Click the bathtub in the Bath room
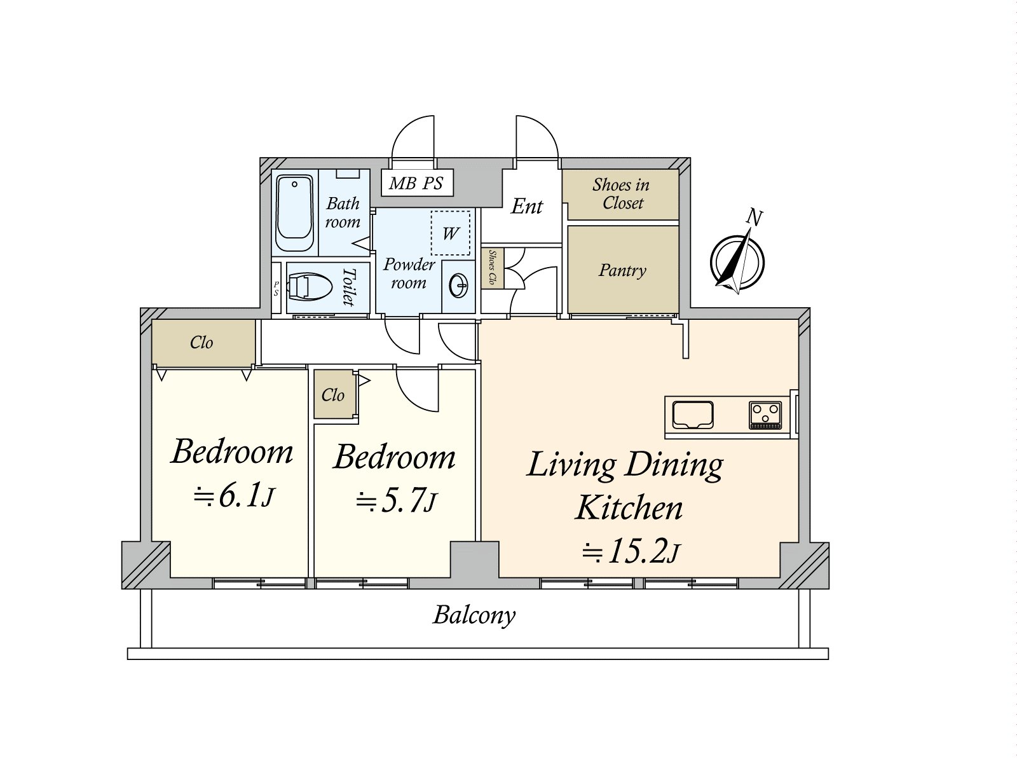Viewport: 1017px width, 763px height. [x=294, y=212]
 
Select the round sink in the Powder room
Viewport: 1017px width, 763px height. [x=459, y=286]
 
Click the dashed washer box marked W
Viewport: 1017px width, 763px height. [x=451, y=233]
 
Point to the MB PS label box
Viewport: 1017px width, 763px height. [x=416, y=183]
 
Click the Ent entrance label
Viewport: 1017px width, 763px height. [x=526, y=206]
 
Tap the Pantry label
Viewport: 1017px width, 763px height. [x=622, y=270]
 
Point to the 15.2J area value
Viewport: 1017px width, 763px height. [x=631, y=551]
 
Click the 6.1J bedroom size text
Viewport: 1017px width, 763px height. [x=234, y=497]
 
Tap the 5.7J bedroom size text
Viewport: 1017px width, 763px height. [x=396, y=502]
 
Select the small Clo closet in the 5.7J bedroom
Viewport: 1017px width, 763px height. [x=334, y=395]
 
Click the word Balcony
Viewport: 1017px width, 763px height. [x=474, y=615]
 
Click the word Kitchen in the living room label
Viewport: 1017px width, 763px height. [x=629, y=508]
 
